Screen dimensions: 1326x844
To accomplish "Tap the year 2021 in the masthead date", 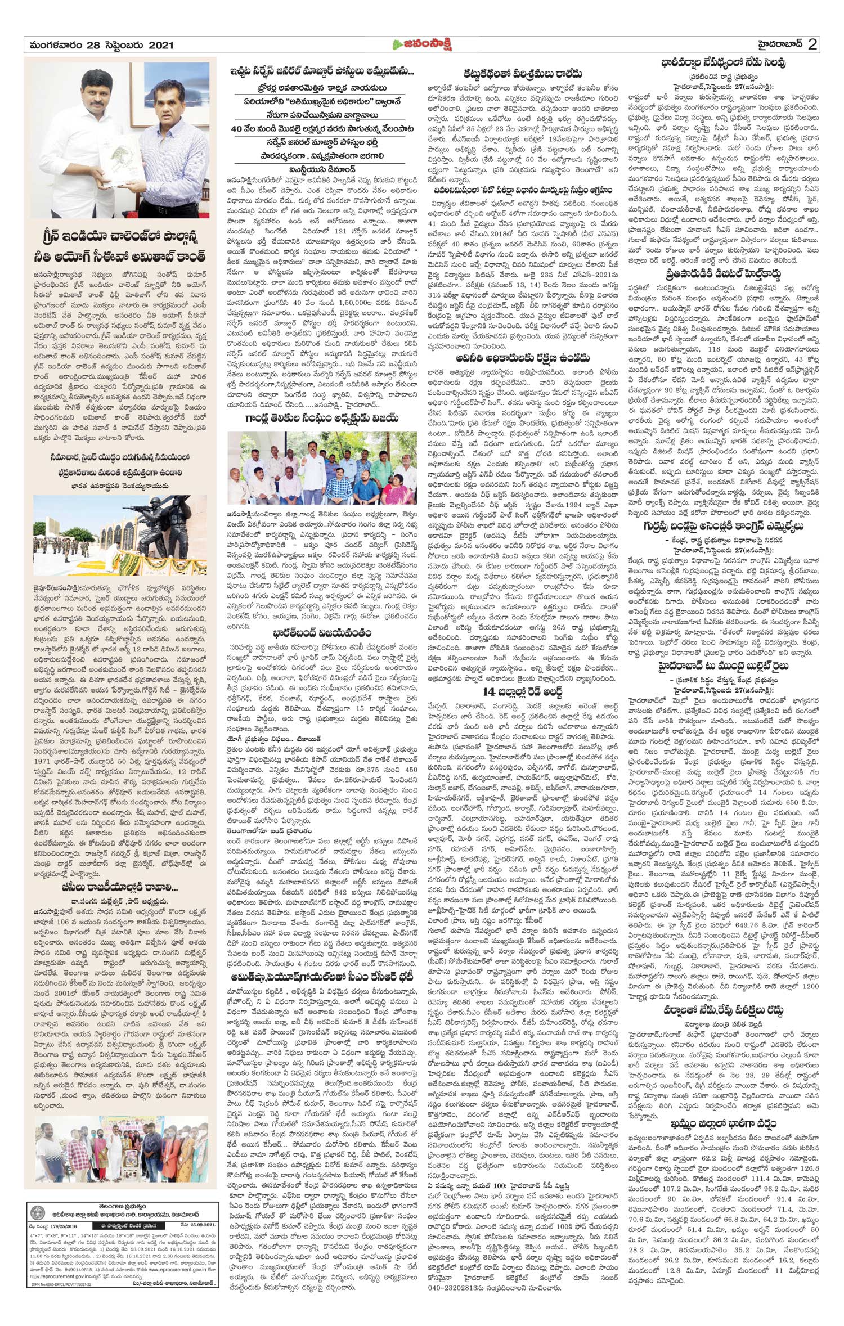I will (x=157, y=45).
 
